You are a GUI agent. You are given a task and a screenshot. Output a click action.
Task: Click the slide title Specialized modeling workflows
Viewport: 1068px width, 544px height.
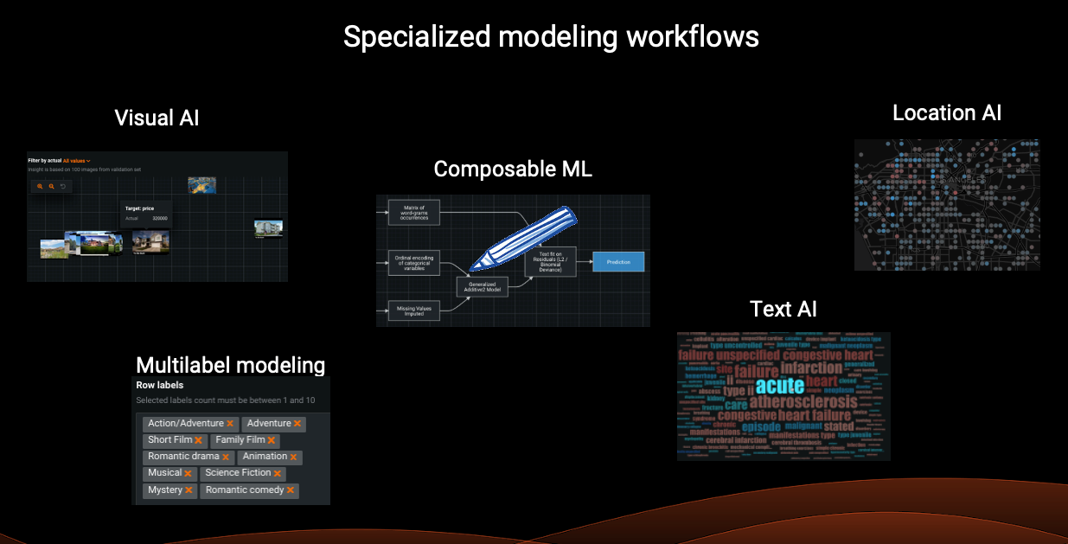pos(551,37)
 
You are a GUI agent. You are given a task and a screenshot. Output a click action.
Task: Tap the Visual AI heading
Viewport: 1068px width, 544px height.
pos(157,118)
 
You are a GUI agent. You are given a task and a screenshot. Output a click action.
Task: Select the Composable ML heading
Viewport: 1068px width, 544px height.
pos(513,169)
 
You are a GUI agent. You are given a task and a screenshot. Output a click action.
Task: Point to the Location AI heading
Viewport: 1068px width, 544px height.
pos(947,112)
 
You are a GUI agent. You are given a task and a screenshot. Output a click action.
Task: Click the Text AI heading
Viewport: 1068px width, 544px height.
pos(783,309)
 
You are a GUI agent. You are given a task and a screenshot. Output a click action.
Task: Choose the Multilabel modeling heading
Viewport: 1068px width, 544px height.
pos(230,365)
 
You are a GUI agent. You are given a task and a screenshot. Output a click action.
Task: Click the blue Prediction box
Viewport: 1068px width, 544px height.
pos(618,262)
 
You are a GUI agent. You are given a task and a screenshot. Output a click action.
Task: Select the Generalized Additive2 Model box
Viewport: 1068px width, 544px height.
pos(483,287)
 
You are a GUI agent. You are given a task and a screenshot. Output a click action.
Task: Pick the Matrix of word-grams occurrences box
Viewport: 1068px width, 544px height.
pos(414,211)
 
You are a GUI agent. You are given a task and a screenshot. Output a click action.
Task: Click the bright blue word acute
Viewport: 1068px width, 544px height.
pos(779,386)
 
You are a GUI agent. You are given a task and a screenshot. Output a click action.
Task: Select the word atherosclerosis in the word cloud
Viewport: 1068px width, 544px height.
pos(803,402)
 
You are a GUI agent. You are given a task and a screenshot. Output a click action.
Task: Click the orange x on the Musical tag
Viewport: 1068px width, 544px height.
pos(188,474)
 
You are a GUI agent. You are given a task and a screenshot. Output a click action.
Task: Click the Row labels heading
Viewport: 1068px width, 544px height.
pos(160,385)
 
